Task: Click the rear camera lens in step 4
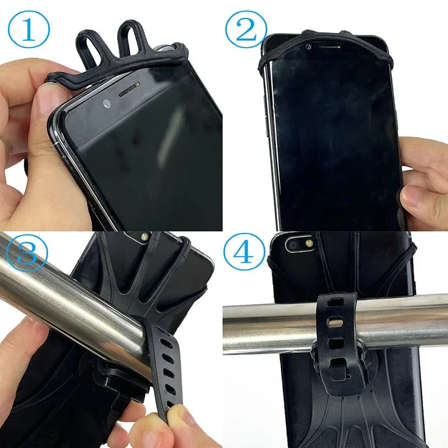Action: pos(293,245)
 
